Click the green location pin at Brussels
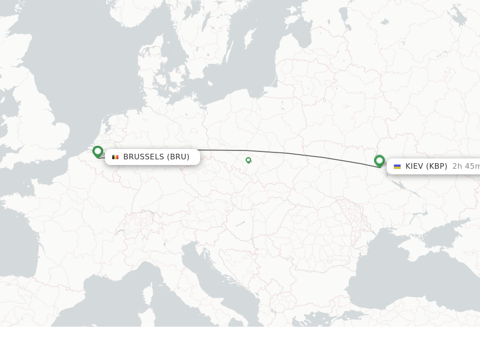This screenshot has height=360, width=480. (x=97, y=151)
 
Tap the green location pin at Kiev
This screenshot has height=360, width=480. (x=379, y=161)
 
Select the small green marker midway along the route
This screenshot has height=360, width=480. (x=248, y=160)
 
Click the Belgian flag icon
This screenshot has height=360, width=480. (x=115, y=157)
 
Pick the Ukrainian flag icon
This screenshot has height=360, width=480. (x=397, y=166)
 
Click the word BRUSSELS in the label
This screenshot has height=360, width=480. (x=143, y=157)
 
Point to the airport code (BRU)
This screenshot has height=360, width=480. (x=178, y=157)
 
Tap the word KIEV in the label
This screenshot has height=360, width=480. (x=414, y=166)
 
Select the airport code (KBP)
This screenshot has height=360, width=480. (x=436, y=166)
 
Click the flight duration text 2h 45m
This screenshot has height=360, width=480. (x=465, y=166)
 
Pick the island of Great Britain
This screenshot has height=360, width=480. (x=47, y=117)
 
